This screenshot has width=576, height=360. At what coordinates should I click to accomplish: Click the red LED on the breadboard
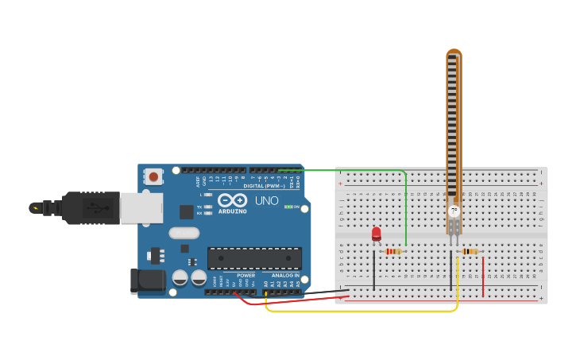coord(377,234)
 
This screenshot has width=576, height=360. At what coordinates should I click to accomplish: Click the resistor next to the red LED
coord(392,252)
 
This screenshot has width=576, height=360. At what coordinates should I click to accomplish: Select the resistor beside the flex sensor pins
coord(470,252)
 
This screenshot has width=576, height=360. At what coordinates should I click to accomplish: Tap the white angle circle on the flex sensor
coord(454,211)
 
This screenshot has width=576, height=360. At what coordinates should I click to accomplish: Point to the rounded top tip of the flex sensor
coord(454,54)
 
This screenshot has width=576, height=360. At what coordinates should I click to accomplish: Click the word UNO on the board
coord(267,201)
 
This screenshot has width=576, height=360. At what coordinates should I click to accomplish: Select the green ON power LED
coord(287,207)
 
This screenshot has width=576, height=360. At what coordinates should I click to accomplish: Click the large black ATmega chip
coord(254,258)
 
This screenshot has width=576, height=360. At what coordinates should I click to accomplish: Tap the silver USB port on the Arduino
coord(141,208)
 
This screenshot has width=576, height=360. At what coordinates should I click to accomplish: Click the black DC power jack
coord(147,280)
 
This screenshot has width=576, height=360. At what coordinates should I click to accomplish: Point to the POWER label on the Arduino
coord(245,276)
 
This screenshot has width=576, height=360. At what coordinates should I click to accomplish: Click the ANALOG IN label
coord(285,276)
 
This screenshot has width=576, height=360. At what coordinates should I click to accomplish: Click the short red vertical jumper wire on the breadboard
coord(483,276)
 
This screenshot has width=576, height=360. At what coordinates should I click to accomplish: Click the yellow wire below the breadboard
coord(358,310)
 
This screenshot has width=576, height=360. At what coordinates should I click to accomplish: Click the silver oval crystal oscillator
coord(184,233)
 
